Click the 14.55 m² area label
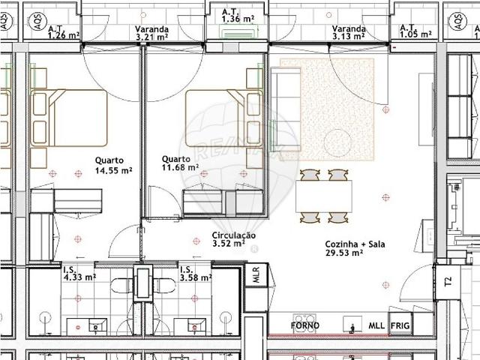coord(113,170)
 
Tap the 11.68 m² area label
coord(181,169)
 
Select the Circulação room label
coord(233,235)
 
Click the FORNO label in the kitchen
coord(305,325)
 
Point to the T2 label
coord(448,282)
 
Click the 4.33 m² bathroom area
coord(79,277)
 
